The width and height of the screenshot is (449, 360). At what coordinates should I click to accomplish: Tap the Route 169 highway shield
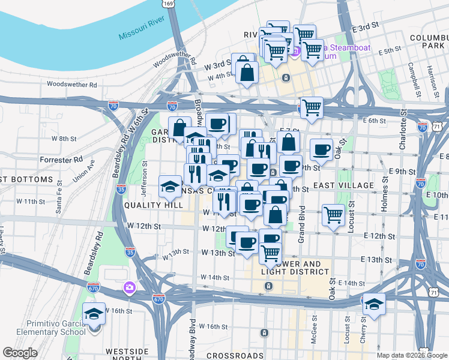pos(170,4)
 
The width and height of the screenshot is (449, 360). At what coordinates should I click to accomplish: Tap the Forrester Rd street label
pos(61,160)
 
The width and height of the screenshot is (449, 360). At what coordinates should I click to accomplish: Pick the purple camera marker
pos(129,289)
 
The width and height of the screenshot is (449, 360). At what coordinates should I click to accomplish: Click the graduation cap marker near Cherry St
pos(373,303)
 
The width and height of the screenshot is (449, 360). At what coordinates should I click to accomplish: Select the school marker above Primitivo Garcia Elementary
pos(94,313)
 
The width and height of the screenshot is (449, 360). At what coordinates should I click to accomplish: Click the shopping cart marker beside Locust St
pos(333,214)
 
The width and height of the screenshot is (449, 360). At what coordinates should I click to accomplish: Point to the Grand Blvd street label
pos(302,220)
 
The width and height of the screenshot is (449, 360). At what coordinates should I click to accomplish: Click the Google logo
pos(20,353)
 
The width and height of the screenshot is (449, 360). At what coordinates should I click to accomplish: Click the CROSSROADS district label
pos(235,355)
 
